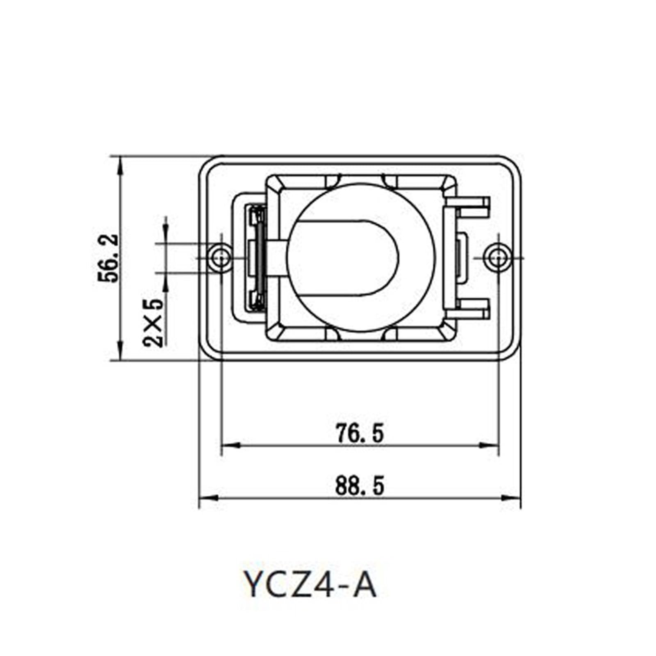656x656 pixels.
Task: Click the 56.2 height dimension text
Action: [x=109, y=258]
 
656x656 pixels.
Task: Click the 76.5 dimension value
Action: [x=360, y=433]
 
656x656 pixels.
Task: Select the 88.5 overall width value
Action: [x=360, y=486]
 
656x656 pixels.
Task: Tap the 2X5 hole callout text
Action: [x=153, y=323]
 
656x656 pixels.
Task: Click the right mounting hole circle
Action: [x=498, y=258]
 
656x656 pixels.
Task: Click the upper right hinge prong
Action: [x=471, y=207]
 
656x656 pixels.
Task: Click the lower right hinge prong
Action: [x=471, y=309]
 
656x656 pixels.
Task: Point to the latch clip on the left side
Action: [x=257, y=258]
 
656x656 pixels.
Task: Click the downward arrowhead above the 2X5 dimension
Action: [x=165, y=235]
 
